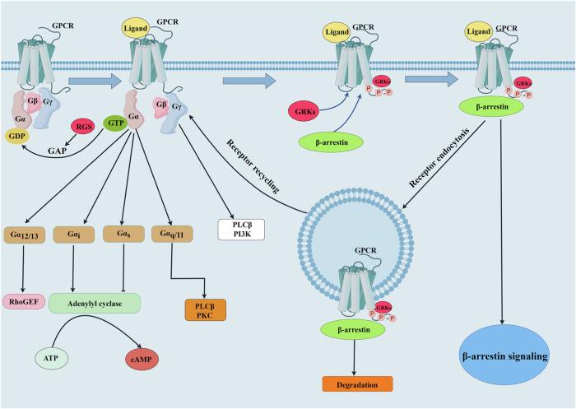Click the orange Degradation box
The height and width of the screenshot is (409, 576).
coord(360,383)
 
